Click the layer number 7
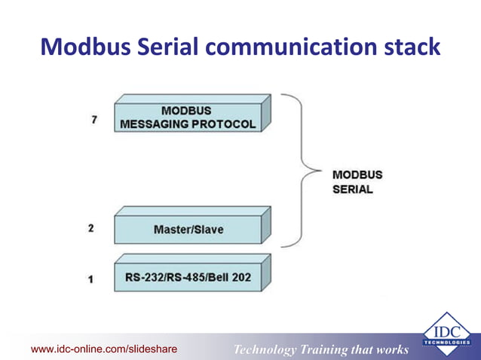(93, 120)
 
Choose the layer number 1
(91, 279)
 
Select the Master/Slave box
(188, 228)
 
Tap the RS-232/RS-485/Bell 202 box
(188, 277)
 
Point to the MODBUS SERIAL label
(357, 182)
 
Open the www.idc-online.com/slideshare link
(103, 349)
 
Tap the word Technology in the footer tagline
(268, 349)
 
